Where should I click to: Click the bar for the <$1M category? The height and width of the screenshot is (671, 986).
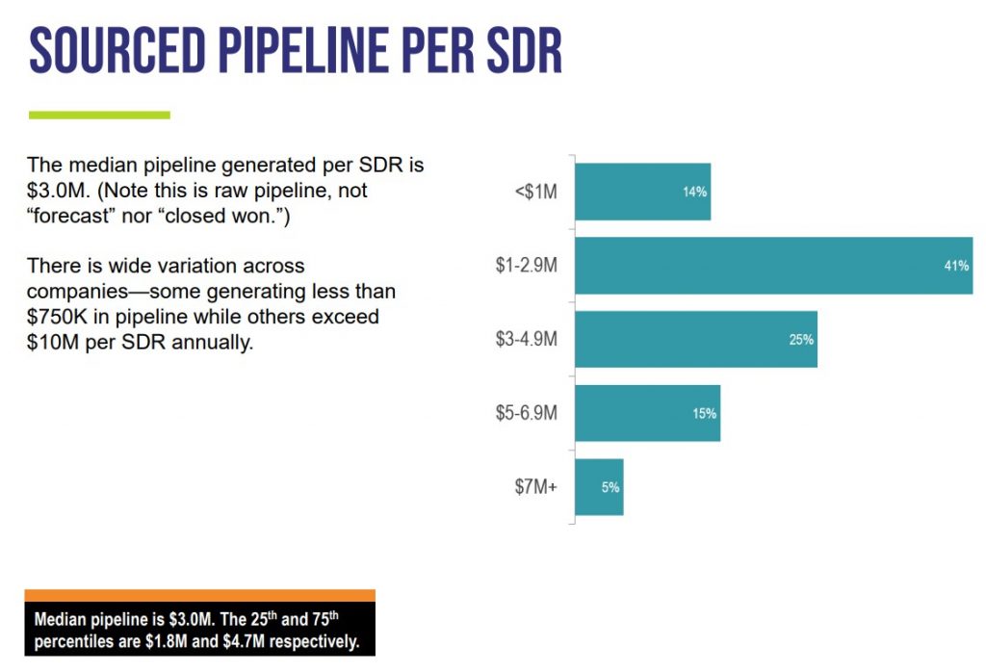click(x=642, y=192)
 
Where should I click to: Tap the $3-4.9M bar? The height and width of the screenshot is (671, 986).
click(x=695, y=339)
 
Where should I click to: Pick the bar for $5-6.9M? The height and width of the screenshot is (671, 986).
click(x=647, y=413)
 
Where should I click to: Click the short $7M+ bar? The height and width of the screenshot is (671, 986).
click(x=599, y=487)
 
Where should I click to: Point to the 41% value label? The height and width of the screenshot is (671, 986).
click(x=956, y=266)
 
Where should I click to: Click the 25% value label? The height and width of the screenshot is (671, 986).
click(x=801, y=339)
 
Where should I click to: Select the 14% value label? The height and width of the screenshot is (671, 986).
click(x=694, y=192)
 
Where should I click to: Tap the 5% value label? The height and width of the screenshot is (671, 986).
click(x=610, y=487)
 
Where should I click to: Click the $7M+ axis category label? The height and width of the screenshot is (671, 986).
click(x=535, y=487)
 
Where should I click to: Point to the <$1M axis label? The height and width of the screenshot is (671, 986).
click(x=536, y=192)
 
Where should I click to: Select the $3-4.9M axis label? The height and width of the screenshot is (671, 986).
click(x=520, y=339)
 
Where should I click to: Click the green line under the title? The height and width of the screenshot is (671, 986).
click(x=99, y=115)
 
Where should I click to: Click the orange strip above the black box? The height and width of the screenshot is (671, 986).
click(x=199, y=595)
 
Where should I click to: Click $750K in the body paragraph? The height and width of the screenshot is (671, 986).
click(x=55, y=317)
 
